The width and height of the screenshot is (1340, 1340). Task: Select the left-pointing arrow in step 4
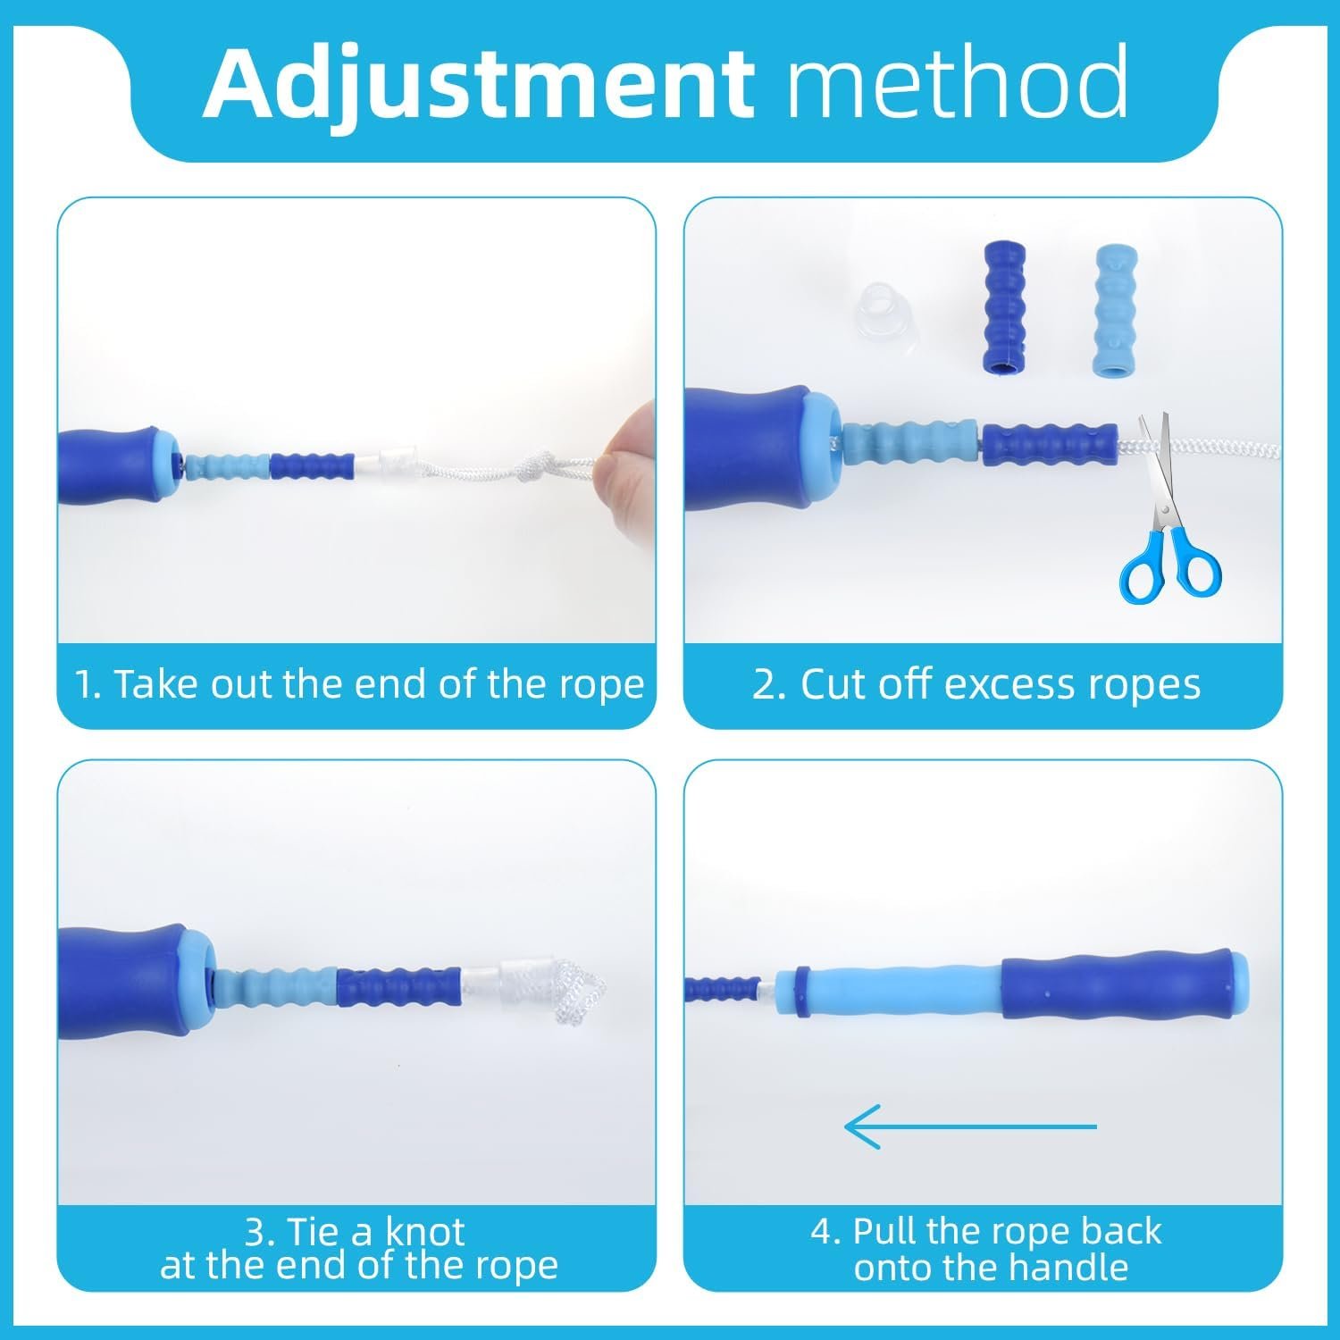click(969, 1126)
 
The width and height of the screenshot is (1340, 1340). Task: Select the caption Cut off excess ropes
click(976, 684)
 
